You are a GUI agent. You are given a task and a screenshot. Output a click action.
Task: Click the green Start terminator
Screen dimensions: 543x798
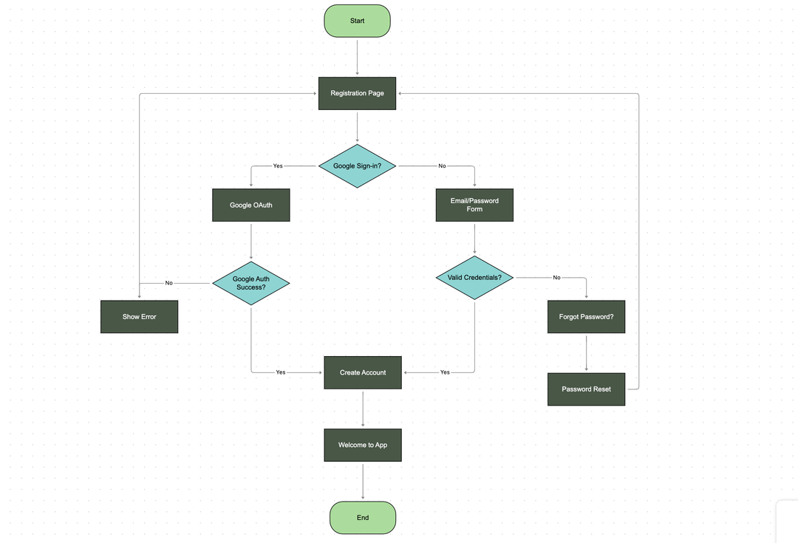(x=357, y=21)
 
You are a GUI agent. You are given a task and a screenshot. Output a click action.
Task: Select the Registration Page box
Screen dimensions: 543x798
(x=357, y=93)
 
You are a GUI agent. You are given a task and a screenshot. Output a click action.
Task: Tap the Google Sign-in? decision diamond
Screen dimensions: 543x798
(x=357, y=165)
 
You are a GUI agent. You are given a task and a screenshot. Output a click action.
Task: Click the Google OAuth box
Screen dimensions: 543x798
(x=250, y=205)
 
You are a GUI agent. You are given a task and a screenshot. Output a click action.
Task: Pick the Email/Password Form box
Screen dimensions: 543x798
(x=474, y=205)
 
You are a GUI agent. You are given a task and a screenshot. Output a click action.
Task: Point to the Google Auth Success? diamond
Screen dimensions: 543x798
(x=250, y=283)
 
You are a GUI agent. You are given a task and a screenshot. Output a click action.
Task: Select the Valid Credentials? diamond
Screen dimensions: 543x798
(x=474, y=278)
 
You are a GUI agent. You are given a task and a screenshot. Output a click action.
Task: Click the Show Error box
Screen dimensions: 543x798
(x=139, y=317)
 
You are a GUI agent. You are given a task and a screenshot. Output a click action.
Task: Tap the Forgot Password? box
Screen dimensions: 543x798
(x=586, y=317)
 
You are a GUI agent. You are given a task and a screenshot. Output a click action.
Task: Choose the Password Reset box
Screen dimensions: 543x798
(x=586, y=389)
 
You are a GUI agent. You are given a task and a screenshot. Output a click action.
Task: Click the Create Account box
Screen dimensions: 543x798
(x=363, y=372)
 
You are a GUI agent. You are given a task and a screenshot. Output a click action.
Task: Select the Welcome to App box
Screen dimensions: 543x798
(x=363, y=445)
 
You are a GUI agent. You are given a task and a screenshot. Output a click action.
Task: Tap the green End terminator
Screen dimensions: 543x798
(x=363, y=517)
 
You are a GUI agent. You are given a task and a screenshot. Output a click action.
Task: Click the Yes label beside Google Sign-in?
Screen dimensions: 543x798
(x=278, y=165)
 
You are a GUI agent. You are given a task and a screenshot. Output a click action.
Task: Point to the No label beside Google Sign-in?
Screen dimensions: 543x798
(x=442, y=165)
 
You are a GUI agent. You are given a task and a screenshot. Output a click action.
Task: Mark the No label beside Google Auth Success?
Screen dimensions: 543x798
(x=168, y=283)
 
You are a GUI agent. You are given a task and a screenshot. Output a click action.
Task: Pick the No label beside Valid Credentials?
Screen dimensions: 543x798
(x=556, y=278)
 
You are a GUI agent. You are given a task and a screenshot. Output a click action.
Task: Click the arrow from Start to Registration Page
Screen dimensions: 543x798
(x=357, y=57)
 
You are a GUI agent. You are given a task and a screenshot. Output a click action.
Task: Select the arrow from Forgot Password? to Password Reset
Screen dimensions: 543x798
(x=586, y=353)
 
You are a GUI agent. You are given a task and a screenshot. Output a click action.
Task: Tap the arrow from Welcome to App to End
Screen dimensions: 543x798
(x=363, y=481)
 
